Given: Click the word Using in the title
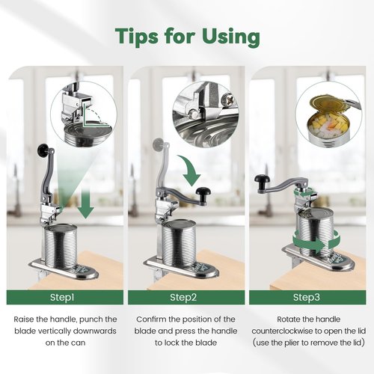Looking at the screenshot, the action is click(231, 37).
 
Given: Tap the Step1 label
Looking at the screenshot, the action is click(62, 297).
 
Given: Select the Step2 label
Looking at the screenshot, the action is click(183, 297).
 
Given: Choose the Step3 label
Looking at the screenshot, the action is click(307, 297).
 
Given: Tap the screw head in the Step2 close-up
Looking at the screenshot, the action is click(230, 99).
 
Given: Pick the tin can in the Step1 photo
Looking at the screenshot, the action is click(61, 246).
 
